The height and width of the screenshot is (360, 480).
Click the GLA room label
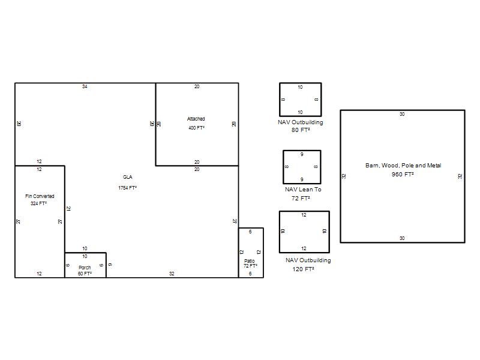coord(128,177)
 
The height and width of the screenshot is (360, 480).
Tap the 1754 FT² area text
coord(128,188)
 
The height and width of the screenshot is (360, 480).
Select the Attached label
coord(196,119)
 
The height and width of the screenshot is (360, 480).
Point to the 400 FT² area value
coord(197,128)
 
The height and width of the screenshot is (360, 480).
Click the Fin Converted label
coord(40,196)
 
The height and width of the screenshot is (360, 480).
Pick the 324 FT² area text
coord(38,203)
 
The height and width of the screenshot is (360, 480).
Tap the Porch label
coord(85,268)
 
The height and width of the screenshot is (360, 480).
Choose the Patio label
coord(250,261)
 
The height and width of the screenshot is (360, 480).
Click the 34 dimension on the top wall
coord(85,86)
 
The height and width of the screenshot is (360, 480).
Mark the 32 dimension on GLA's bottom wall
coord(172,274)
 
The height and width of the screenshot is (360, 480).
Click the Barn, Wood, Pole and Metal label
coord(403,166)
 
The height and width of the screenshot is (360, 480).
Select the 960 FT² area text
coord(403,175)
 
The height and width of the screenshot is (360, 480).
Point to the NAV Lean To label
coord(303,190)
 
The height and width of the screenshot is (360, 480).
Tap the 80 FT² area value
coord(301,130)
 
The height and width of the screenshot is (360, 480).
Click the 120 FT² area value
coord(303,269)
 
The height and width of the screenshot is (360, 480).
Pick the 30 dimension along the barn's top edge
coord(402,114)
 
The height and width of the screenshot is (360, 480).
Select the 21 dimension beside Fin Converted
coord(68,209)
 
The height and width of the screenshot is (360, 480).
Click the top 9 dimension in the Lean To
coord(302,154)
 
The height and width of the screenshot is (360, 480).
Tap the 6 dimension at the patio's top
coord(250,232)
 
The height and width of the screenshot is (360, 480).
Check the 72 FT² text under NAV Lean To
coord(301,199)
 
